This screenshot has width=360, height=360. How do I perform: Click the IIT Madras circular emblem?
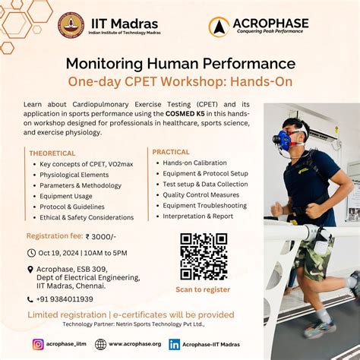click(x=71, y=25)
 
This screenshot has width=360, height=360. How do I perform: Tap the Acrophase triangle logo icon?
click(x=219, y=27)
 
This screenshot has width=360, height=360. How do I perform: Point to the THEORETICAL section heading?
click(x=52, y=153)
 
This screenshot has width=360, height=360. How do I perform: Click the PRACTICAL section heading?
click(x=171, y=152)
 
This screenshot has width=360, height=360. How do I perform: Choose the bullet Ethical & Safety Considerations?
click(x=87, y=217)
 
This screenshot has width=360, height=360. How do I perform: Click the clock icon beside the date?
click(x=31, y=253)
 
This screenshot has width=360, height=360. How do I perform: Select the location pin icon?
click(x=30, y=269)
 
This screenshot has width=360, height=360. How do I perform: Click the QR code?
click(x=203, y=256)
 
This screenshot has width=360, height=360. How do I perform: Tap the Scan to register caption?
click(x=203, y=289)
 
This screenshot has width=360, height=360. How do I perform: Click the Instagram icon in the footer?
click(x=38, y=344)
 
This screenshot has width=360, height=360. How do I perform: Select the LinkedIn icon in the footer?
click(x=174, y=344)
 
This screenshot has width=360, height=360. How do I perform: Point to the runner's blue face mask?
click(x=283, y=141)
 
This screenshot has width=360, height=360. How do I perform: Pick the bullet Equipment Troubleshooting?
click(x=204, y=205)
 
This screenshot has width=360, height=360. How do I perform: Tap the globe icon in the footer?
click(x=100, y=344)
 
